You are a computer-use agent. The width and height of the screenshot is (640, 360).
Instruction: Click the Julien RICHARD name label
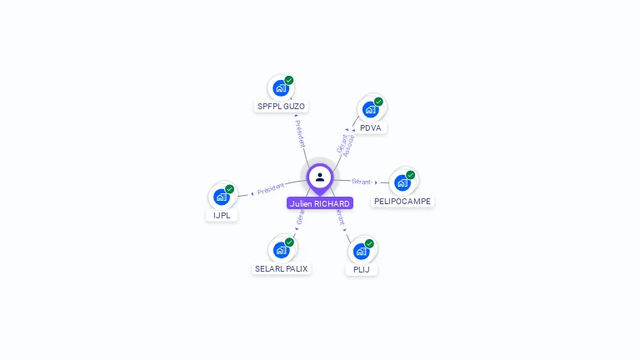[320, 203]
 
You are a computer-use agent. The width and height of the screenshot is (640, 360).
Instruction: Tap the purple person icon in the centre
[320, 177]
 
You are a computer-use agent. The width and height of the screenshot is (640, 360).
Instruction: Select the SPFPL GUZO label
[281, 107]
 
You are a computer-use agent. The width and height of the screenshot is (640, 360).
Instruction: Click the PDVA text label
[371, 127]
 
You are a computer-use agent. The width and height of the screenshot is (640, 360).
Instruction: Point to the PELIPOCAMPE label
[402, 201]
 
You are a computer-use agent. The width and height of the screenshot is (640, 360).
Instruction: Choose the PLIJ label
[361, 269]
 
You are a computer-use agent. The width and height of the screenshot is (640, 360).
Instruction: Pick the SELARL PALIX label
[282, 268]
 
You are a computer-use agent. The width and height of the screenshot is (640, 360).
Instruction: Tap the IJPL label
[222, 215]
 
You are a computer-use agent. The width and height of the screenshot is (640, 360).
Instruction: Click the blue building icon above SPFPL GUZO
[281, 87]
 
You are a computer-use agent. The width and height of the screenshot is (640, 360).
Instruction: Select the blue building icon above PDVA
[370, 108]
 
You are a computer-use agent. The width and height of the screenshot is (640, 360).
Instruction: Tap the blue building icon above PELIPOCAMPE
[402, 182]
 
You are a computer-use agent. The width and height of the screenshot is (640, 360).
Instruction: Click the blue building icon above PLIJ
[361, 251]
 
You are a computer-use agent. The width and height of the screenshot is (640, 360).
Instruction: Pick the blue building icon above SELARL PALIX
[281, 249]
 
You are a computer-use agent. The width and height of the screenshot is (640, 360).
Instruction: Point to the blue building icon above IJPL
[221, 197]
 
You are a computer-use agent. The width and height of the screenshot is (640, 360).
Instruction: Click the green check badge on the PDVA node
[378, 102]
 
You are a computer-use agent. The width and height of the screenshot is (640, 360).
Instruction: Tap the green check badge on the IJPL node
[230, 189]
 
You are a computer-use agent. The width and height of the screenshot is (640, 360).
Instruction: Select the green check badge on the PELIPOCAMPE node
[411, 175]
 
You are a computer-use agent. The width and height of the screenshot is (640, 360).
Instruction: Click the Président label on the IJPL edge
[271, 188]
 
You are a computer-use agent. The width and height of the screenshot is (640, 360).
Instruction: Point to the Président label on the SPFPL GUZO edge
[300, 133]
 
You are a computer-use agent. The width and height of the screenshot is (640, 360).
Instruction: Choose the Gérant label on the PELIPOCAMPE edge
[361, 181]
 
